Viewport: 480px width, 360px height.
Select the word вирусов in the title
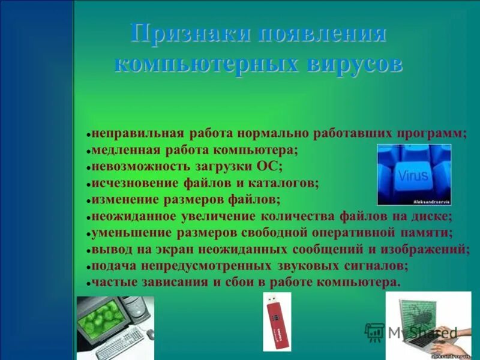354,64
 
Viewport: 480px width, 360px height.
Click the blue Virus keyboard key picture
413,175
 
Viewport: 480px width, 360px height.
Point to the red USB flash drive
277,322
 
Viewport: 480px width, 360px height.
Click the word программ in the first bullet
437,133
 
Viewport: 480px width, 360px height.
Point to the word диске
432,215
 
